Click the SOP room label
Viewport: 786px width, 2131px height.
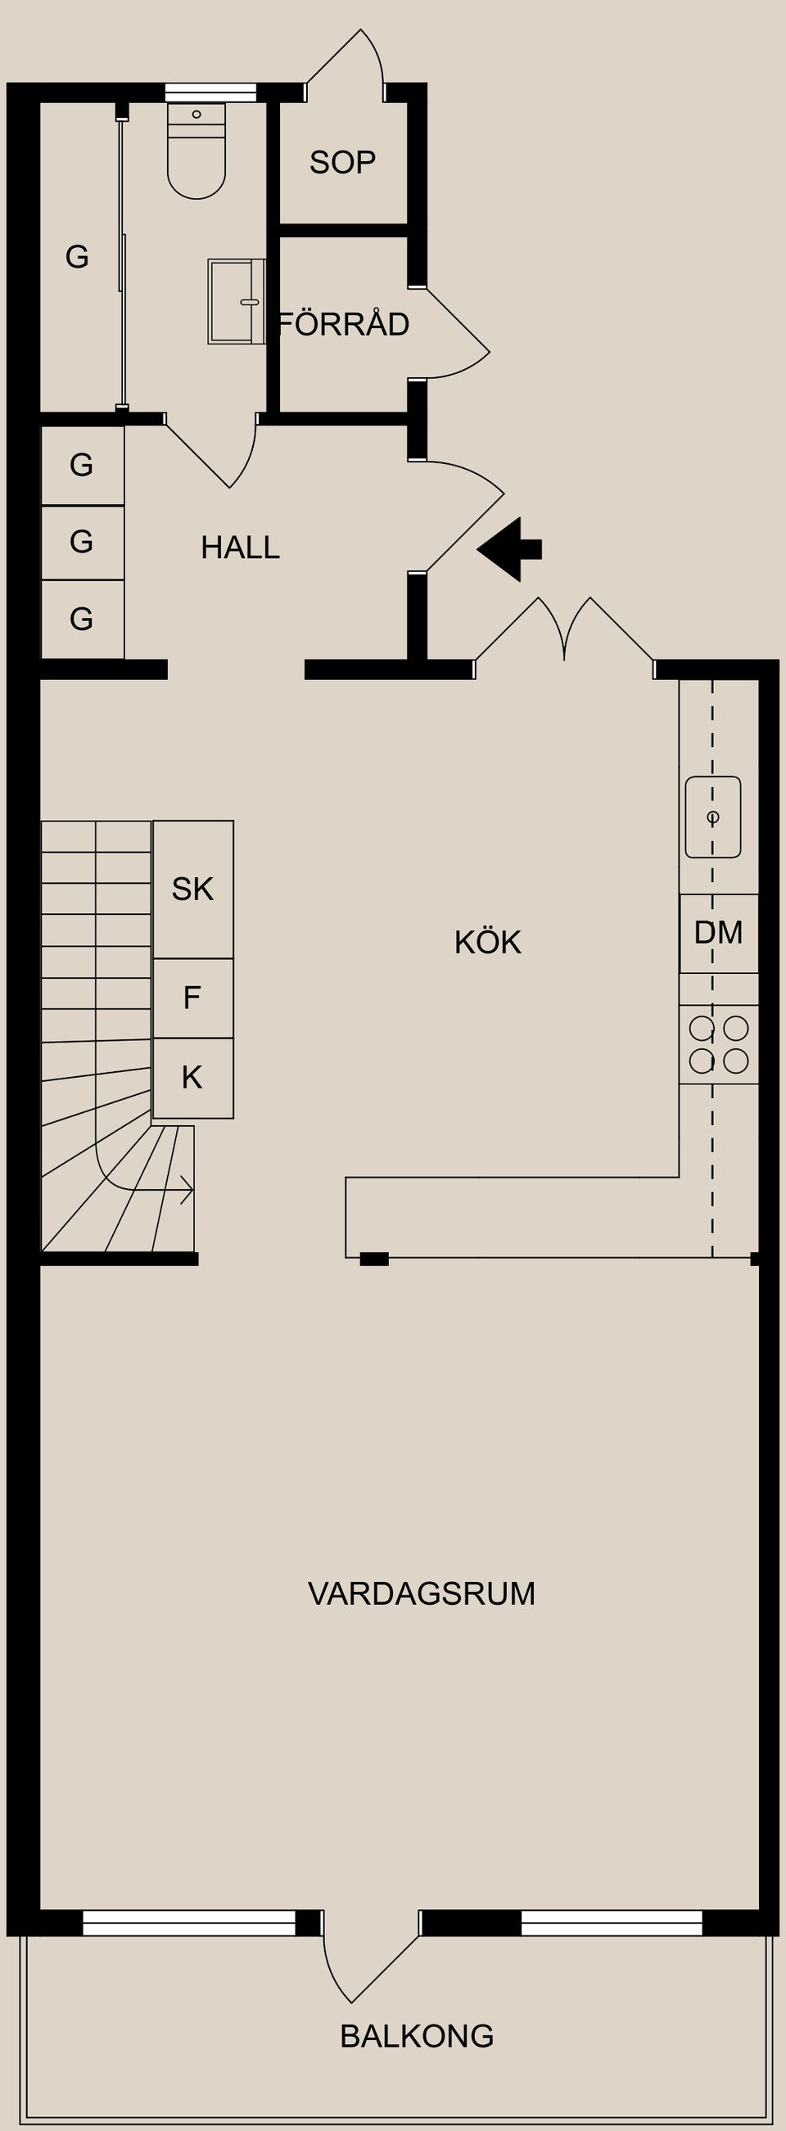tap(342, 162)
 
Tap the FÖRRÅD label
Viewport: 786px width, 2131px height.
tap(344, 323)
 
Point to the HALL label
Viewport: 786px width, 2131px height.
tap(240, 547)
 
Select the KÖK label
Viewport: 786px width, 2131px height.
tap(487, 942)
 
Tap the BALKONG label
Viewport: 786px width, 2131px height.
tap(417, 2036)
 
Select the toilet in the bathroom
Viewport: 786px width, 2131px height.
tap(196, 153)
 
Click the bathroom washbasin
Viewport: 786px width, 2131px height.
tap(236, 301)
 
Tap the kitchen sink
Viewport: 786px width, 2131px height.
tap(712, 817)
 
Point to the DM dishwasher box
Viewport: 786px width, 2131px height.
tap(718, 933)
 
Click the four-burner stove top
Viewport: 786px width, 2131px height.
tap(718, 1044)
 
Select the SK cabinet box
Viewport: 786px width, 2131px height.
tap(192, 890)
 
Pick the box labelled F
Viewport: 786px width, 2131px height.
tap(192, 998)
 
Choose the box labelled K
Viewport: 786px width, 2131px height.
tap(192, 1077)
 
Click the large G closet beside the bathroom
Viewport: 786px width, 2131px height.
tap(77, 257)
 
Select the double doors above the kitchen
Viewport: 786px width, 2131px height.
tap(564, 633)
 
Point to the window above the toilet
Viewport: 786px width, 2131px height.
tap(210, 92)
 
